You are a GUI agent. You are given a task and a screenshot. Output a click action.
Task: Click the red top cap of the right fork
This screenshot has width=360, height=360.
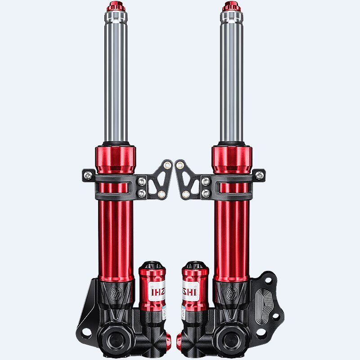click(231, 7)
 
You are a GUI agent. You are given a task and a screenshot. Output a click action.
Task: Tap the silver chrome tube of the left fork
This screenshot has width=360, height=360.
click(116, 81)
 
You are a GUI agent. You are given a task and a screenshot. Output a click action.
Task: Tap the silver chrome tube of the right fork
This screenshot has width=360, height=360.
click(231, 81)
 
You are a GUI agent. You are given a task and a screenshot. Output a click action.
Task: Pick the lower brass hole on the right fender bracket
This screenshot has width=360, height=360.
click(185, 195)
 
